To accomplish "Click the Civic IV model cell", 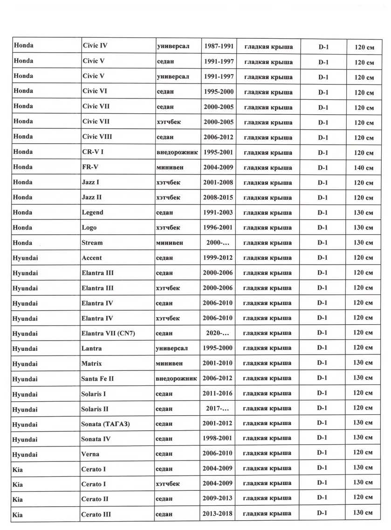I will click(x=95, y=46).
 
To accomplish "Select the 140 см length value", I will click(x=364, y=168).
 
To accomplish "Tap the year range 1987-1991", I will click(x=219, y=46).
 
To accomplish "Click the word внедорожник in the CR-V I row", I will click(x=178, y=152).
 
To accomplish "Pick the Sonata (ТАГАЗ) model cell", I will click(x=105, y=424).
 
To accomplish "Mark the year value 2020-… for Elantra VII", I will click(x=218, y=333).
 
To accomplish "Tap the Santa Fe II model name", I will click(x=97, y=378).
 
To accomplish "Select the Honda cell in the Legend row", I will click(x=23, y=212).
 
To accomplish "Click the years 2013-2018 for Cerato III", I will click(x=218, y=514).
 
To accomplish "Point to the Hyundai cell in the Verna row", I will click(x=25, y=454).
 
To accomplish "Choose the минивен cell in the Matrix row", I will click(x=170, y=363).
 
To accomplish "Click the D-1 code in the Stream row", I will click(x=322, y=243).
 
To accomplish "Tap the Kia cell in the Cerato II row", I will click(x=18, y=499).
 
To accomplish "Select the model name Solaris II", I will click(x=95, y=409).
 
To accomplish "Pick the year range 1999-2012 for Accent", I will click(x=218, y=258).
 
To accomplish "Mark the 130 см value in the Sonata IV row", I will click(x=363, y=438).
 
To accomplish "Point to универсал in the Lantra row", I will click(x=172, y=348).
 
